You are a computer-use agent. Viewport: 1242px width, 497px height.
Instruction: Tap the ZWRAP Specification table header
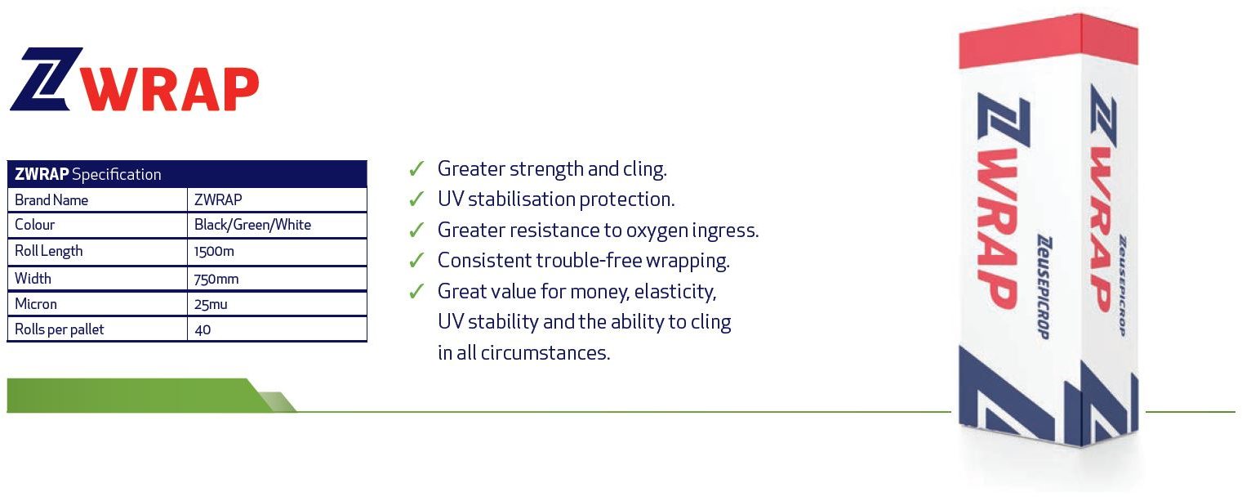tap(187, 174)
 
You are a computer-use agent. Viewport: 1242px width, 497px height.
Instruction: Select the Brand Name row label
tap(51, 200)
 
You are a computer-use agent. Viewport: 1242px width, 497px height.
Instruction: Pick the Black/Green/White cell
tap(252, 225)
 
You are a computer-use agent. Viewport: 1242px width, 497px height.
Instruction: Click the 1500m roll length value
tap(214, 252)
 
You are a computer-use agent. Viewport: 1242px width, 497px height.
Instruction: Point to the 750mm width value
tap(216, 279)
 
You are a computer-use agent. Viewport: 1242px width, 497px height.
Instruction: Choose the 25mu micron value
tap(211, 304)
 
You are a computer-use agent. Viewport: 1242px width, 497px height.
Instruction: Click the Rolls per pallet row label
tap(60, 330)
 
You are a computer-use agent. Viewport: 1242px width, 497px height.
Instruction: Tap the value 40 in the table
tap(203, 330)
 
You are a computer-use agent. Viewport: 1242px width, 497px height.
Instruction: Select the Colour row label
tap(34, 225)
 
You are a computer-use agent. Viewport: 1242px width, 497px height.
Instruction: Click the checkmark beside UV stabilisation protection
tap(416, 199)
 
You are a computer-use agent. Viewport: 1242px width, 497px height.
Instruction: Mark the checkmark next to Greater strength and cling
tap(416, 168)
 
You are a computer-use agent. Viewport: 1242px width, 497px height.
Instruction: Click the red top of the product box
tap(1048, 40)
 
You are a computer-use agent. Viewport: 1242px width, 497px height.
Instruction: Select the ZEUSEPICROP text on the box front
tap(1044, 287)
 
